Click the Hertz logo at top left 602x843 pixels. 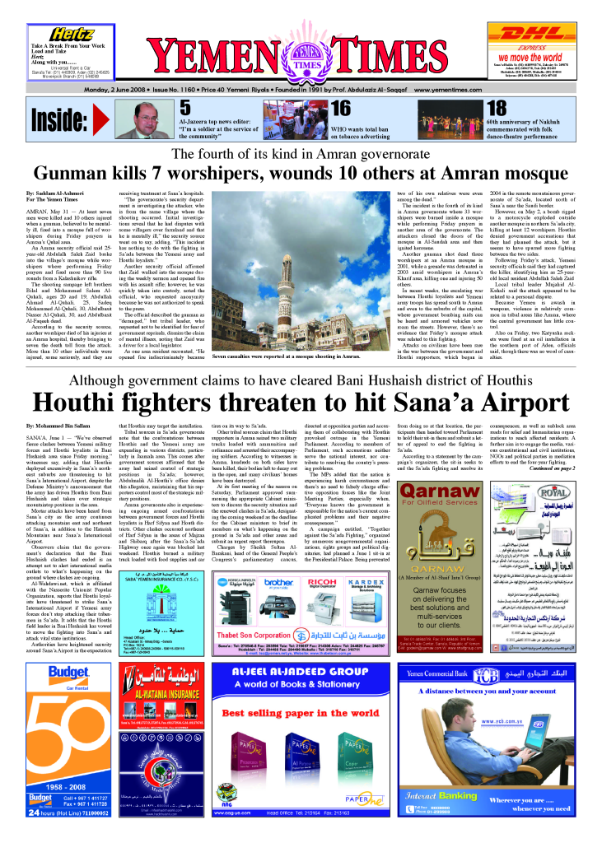click(69, 34)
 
